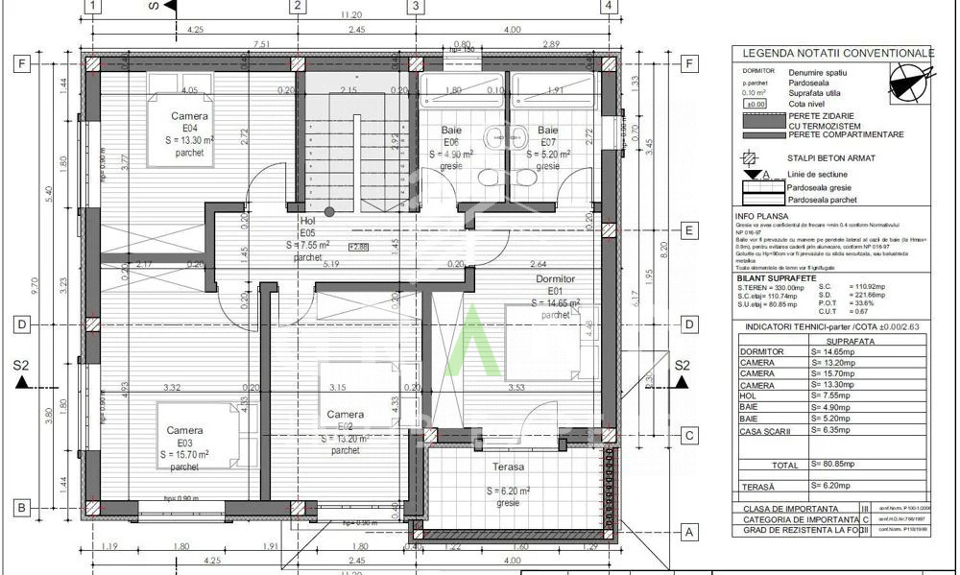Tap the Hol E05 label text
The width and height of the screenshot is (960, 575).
coord(307,232)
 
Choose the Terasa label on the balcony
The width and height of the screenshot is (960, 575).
coord(509,467)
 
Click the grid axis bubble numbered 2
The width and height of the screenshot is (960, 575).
coord(298,7)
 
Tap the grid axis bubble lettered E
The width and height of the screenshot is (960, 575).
coord(687,230)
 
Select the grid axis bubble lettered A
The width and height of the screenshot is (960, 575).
coord(687,531)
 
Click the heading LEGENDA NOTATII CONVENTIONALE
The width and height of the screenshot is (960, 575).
coord(837,52)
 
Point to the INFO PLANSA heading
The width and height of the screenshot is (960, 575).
coord(758,216)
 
